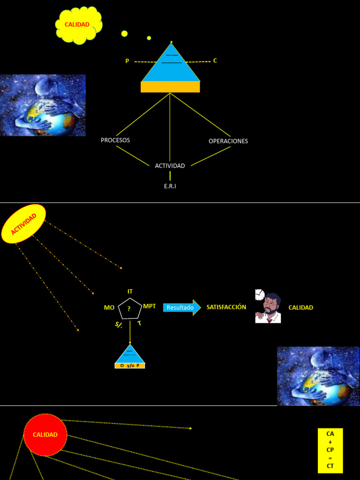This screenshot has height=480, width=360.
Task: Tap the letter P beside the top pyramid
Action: [127, 61]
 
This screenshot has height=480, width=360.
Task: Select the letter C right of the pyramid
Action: [215, 60]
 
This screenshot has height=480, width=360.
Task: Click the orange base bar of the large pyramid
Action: [170, 87]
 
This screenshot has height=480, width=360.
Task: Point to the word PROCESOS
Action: [115, 140]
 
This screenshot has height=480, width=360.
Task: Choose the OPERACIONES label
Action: [228, 141]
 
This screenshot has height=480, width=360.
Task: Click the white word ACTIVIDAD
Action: [170, 165]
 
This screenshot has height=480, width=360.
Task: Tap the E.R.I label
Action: [170, 186]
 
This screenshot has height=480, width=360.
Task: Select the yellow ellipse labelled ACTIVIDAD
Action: [23, 224]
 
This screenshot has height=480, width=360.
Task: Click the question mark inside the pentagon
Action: [129, 309]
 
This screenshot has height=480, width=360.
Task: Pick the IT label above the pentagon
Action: [130, 292]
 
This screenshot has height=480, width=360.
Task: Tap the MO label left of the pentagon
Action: [109, 307]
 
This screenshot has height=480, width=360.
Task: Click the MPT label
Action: [150, 306]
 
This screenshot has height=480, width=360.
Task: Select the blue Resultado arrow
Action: [182, 307]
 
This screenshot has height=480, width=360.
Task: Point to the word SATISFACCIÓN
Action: [226, 307]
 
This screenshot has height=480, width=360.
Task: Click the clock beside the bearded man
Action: [260, 295]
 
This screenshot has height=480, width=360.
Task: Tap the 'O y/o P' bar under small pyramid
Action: [130, 366]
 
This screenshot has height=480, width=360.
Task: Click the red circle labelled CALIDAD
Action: [45, 435]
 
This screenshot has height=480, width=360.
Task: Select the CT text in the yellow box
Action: [330, 466]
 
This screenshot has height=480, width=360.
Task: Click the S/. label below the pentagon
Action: [119, 325]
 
